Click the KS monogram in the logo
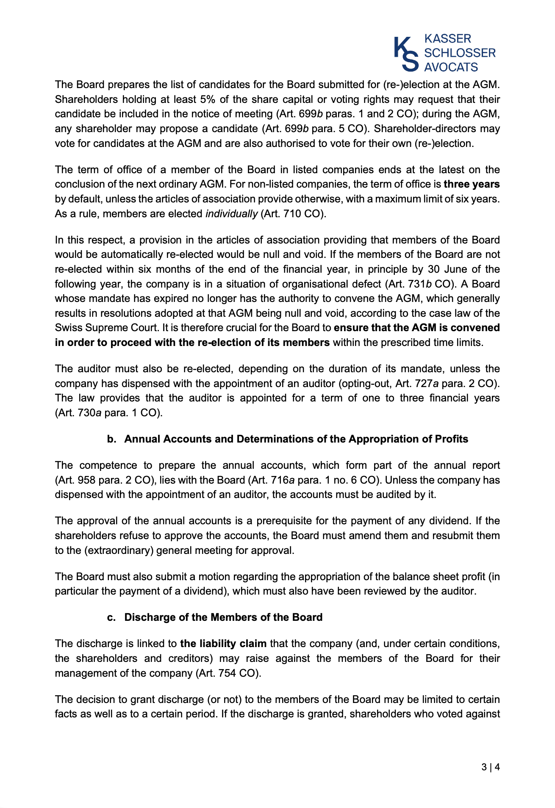[x=406, y=53]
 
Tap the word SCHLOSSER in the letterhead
[x=460, y=53]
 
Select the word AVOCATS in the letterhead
[x=451, y=67]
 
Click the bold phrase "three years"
[x=472, y=184]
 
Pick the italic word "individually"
[x=231, y=214]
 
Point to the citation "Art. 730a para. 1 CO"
[x=108, y=413]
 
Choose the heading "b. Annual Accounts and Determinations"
[x=288, y=439]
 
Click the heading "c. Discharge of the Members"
[x=215, y=617]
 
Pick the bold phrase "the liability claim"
[x=223, y=644]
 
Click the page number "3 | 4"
[x=491, y=767]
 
